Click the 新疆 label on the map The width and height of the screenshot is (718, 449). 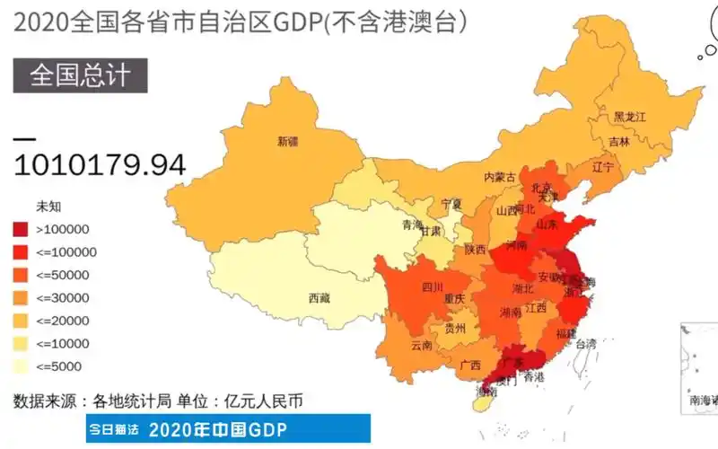(x=287, y=141)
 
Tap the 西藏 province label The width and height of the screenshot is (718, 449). (x=320, y=297)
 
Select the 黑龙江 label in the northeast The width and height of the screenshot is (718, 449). (x=630, y=117)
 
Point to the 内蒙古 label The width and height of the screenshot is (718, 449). (x=500, y=177)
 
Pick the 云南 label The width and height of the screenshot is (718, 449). (x=422, y=345)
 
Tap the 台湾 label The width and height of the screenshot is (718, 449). (x=585, y=343)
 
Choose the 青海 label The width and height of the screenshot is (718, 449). (x=412, y=224)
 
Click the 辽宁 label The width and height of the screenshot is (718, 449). (x=603, y=167)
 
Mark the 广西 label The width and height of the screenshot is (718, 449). (x=469, y=365)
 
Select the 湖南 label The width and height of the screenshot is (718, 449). (x=511, y=313)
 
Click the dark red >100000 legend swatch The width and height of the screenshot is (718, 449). (x=22, y=229)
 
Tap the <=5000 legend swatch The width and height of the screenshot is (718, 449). (x=22, y=365)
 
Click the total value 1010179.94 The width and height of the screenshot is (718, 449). (x=100, y=164)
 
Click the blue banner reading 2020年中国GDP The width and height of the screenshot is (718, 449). (x=228, y=428)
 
